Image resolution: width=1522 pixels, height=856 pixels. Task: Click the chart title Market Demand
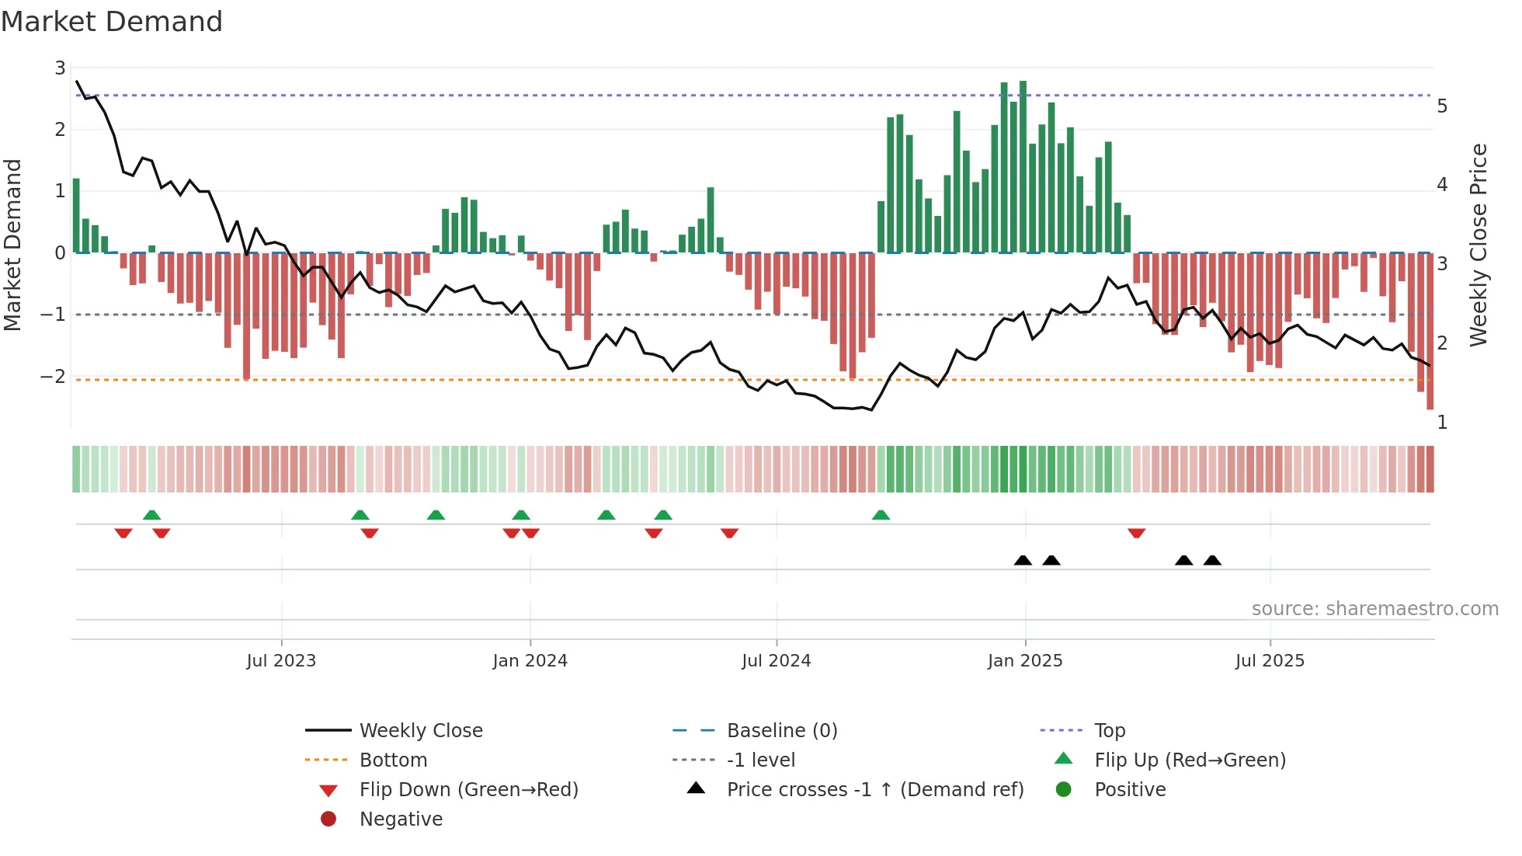click(112, 22)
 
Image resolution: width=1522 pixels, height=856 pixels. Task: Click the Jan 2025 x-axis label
click(1025, 661)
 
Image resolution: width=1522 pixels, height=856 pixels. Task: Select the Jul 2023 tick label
click(281, 661)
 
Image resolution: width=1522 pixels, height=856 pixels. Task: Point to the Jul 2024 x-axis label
click(776, 661)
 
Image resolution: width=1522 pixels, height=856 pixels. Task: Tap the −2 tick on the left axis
click(53, 377)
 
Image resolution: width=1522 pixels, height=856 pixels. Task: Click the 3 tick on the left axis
click(60, 68)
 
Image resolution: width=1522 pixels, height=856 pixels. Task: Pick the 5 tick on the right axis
click(1442, 106)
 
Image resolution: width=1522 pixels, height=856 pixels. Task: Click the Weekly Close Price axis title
click(1479, 245)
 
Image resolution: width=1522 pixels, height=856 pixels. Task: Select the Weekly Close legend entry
click(420, 731)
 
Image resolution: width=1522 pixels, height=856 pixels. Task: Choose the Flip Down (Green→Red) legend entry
click(468, 790)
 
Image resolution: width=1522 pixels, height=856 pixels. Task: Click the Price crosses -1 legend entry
click(874, 790)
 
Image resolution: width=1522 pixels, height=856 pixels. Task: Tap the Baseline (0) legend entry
click(781, 731)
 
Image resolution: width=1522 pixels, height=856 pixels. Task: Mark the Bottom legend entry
click(393, 760)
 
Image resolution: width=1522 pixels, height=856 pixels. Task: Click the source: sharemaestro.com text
click(1374, 609)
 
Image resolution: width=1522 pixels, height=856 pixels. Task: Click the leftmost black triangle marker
click(1023, 560)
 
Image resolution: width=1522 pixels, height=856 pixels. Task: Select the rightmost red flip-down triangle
click(1137, 533)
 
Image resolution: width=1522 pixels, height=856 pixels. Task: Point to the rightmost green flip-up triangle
click(881, 515)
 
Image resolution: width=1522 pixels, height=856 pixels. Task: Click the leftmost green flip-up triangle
click(152, 515)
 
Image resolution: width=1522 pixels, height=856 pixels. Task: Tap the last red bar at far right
click(1430, 330)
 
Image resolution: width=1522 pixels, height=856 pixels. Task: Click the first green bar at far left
click(76, 215)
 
